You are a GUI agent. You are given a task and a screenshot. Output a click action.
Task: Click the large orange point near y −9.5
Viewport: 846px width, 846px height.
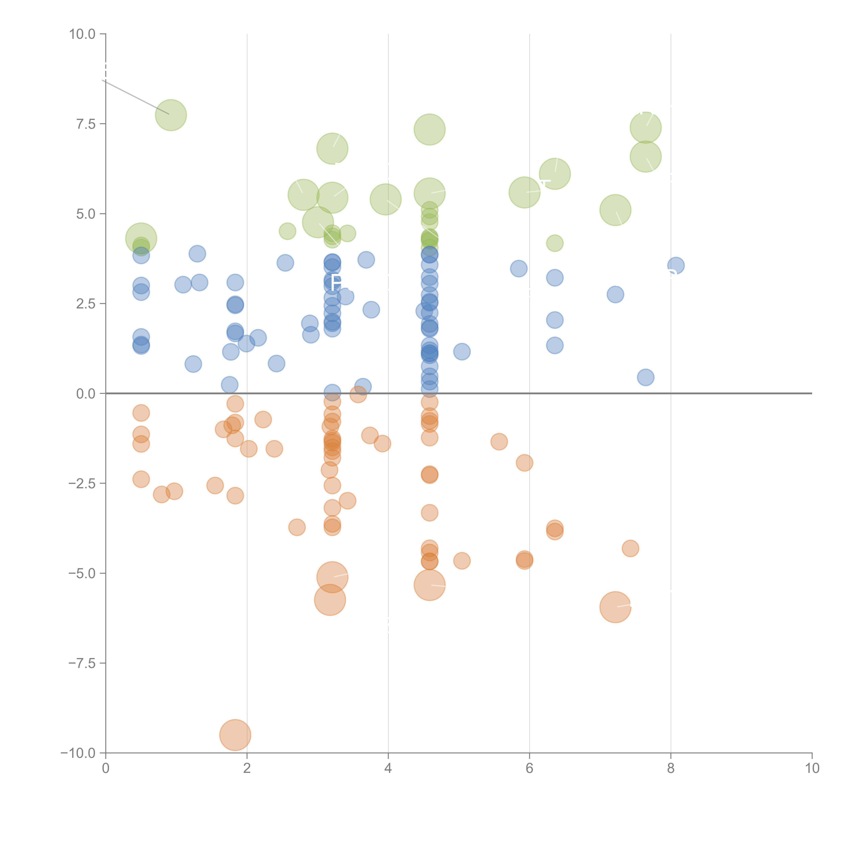click(x=235, y=735)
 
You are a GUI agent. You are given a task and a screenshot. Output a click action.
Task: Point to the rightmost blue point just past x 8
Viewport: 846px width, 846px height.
click(x=676, y=265)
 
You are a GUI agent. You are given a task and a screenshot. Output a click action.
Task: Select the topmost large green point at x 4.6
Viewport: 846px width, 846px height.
click(x=430, y=130)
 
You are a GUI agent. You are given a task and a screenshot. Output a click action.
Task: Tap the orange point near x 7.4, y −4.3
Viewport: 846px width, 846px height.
click(x=630, y=548)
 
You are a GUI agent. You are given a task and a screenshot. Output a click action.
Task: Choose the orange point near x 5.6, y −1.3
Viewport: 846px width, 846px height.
click(x=499, y=441)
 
